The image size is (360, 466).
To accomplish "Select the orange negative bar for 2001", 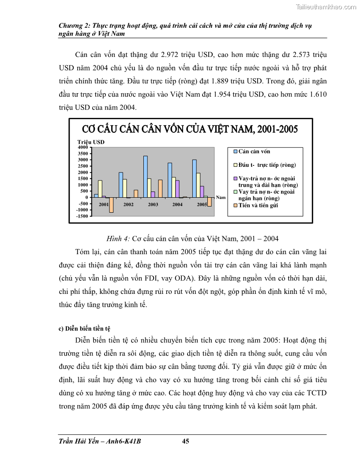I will (x=112, y=205).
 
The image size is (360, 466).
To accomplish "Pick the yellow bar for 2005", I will (x=198, y=185).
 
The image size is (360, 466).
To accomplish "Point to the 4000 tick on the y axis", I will (x=83, y=147).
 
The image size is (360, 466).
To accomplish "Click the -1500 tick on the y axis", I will (x=82, y=216).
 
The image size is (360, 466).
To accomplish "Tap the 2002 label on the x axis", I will (x=128, y=205).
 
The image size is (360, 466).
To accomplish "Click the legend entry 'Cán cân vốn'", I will (x=254, y=151).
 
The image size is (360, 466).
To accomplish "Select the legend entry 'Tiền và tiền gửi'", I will (x=258, y=206).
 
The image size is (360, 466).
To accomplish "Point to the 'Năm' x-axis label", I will (x=221, y=197).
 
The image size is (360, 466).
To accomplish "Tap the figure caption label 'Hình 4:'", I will (x=118, y=239).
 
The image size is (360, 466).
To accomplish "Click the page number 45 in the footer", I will (x=186, y=441).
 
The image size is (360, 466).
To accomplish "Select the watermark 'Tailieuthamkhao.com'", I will (x=324, y=7).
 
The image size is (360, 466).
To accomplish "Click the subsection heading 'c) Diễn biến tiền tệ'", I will (x=84, y=328).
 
